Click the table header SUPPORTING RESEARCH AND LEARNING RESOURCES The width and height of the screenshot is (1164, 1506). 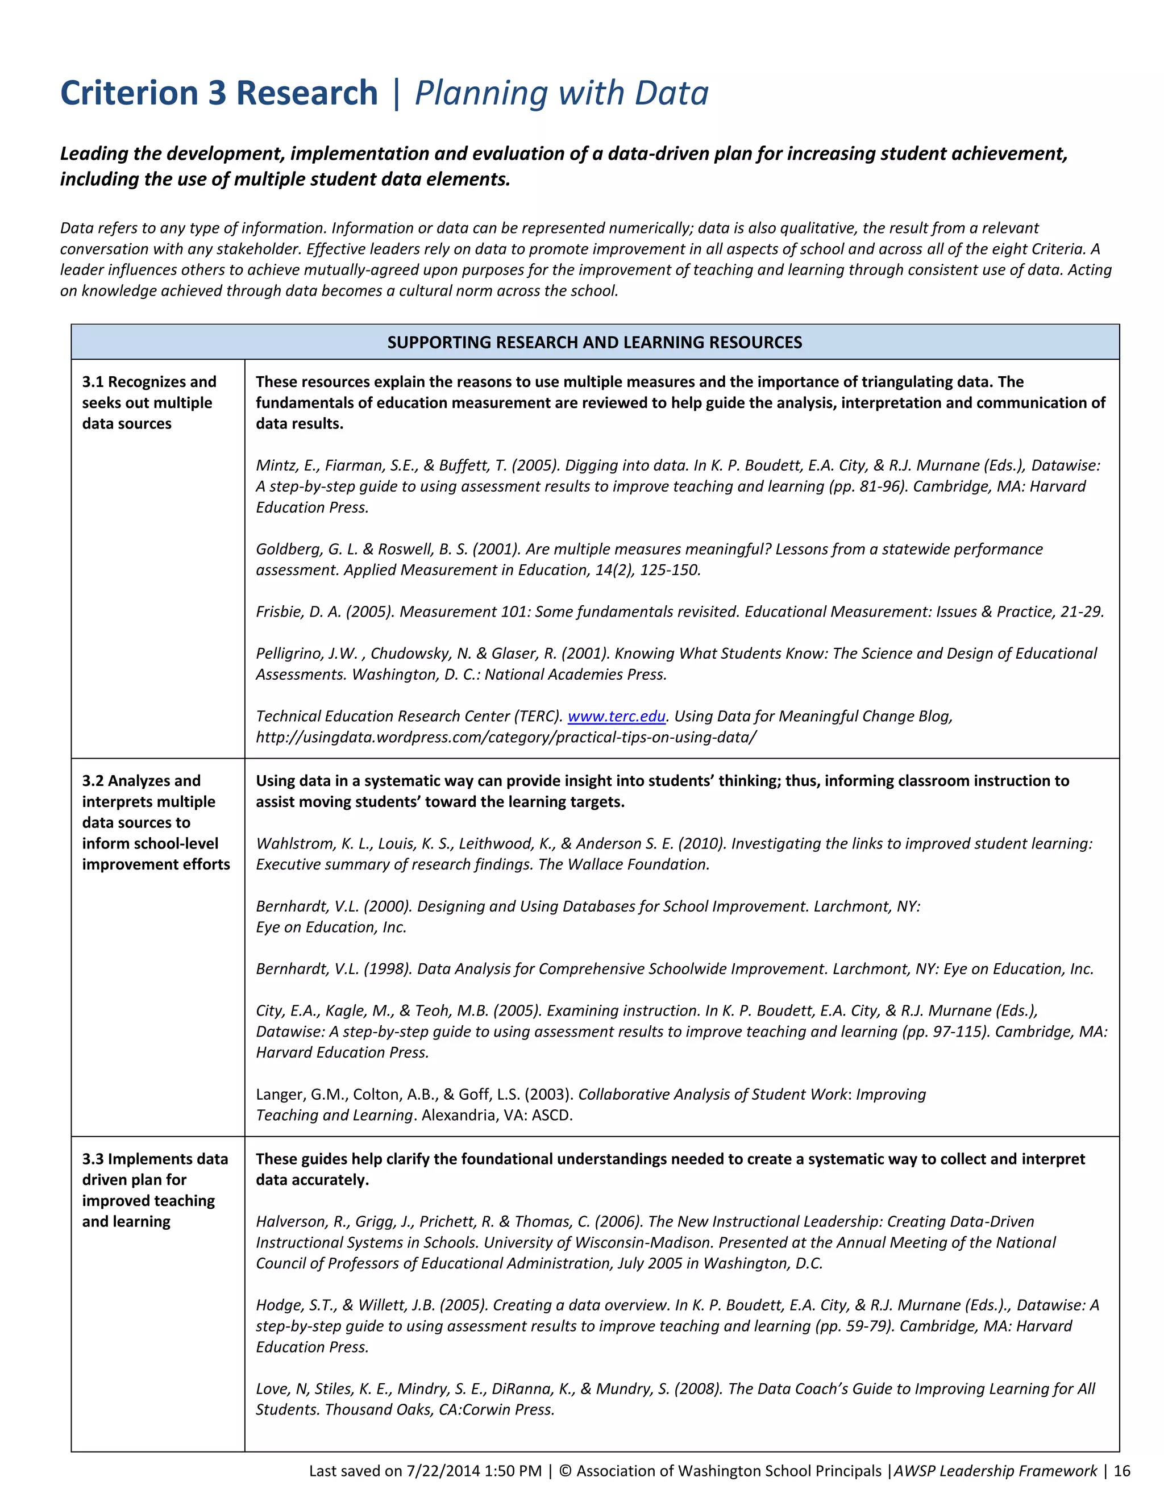pos(595,342)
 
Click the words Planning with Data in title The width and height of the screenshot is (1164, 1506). pos(562,93)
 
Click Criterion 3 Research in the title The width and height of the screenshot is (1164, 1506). pos(219,93)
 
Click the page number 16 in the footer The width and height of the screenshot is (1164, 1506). pos(1122,1471)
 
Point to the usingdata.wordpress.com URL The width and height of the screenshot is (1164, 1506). pos(505,737)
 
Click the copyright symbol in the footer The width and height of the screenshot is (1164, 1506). pos(566,1471)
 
